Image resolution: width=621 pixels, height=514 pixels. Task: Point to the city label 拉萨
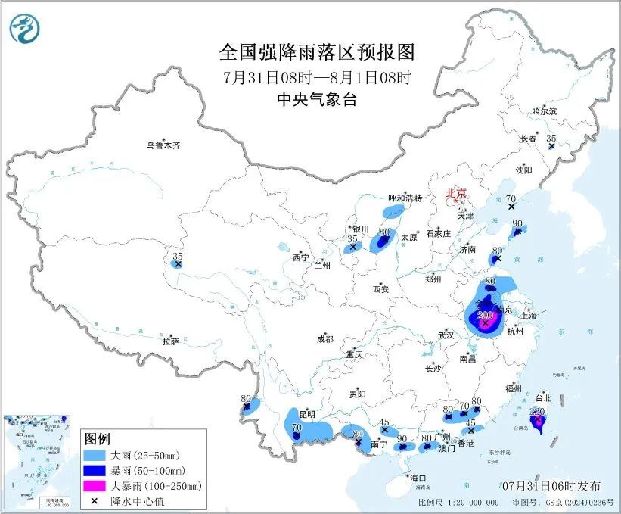point(170,341)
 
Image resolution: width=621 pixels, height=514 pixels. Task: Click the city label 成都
point(324,340)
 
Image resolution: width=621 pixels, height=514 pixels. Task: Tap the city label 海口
point(418,478)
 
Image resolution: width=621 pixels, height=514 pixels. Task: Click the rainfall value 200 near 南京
point(486,316)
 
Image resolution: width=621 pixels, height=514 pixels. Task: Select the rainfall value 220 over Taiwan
point(539,411)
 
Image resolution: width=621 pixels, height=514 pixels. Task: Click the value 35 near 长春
point(551,138)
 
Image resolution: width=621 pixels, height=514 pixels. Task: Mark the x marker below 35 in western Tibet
point(178,264)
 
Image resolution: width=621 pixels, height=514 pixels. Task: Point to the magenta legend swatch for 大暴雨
point(94,485)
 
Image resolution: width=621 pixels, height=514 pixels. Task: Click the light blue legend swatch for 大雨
point(94,455)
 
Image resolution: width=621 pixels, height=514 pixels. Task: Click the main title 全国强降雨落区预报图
point(318,51)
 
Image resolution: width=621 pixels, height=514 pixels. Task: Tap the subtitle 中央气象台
point(318,99)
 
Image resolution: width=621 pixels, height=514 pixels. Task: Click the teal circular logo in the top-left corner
point(24,29)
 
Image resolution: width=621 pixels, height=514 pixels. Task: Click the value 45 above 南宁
point(384,422)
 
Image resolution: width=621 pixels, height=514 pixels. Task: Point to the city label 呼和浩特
point(405,198)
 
